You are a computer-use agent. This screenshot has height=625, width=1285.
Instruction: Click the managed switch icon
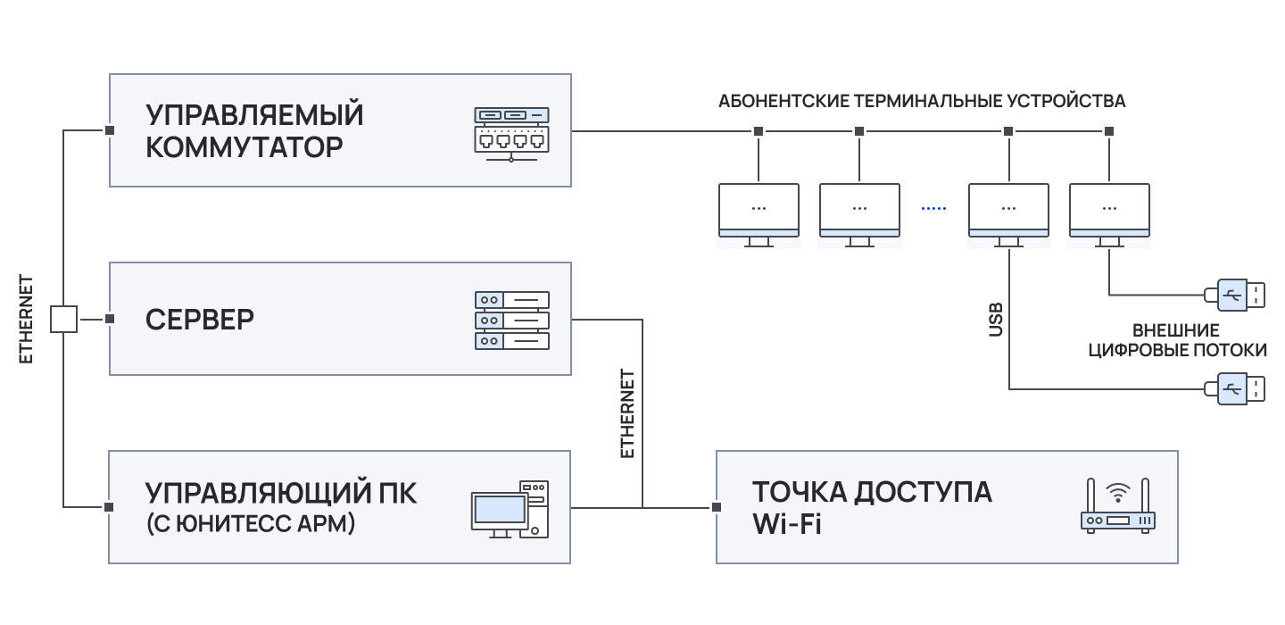[511, 133]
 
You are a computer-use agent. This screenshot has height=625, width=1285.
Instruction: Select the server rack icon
[512, 319]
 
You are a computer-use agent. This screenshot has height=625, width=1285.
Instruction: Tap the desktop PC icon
[510, 509]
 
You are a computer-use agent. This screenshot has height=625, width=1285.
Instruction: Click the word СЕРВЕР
[200, 319]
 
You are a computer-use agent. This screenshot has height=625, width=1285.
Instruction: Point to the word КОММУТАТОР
[244, 147]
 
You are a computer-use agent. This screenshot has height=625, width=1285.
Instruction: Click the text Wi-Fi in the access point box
[786, 524]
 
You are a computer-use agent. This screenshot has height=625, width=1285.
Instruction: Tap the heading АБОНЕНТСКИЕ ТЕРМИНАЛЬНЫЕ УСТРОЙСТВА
[921, 101]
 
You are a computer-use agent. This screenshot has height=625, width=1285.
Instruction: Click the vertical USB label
[996, 320]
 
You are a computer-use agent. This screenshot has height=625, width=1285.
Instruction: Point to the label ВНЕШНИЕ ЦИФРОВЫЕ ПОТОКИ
[1178, 340]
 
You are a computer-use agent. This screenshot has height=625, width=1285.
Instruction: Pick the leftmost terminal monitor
[759, 212]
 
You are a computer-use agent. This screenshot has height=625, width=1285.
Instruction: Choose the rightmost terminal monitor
[1109, 212]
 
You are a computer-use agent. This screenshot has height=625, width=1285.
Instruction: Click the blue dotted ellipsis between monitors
[933, 208]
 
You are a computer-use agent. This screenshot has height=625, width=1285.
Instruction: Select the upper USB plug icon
[1235, 295]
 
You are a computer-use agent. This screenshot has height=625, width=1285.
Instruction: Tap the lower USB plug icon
[1235, 388]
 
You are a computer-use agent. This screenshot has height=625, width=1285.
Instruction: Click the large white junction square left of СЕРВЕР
[63, 319]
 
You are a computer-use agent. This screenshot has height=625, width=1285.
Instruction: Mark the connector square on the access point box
[716, 507]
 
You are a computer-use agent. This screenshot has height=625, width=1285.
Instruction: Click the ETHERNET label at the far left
[26, 319]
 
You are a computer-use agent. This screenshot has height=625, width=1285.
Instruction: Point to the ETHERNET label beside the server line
[627, 413]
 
